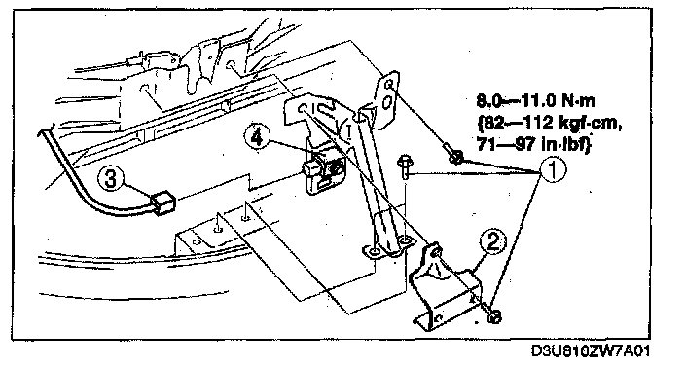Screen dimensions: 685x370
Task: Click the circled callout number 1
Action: [554, 169]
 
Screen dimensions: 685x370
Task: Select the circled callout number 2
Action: [493, 241]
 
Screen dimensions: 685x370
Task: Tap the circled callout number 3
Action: [111, 178]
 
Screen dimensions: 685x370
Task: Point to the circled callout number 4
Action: [257, 137]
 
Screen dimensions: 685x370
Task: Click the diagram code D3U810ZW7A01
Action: [590, 351]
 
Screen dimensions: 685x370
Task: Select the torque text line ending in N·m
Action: [535, 101]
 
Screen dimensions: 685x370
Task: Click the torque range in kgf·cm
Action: [550, 123]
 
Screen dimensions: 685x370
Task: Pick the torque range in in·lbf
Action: [534, 144]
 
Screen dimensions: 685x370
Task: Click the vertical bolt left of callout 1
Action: [404, 166]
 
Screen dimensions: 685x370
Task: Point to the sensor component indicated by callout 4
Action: [322, 170]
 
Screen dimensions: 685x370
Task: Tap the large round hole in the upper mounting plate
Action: [386, 103]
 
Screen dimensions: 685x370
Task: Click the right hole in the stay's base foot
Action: [406, 240]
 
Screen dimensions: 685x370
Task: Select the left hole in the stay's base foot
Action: [375, 251]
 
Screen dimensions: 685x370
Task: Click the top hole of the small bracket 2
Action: [436, 251]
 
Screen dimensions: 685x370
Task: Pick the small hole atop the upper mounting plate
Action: [390, 83]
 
